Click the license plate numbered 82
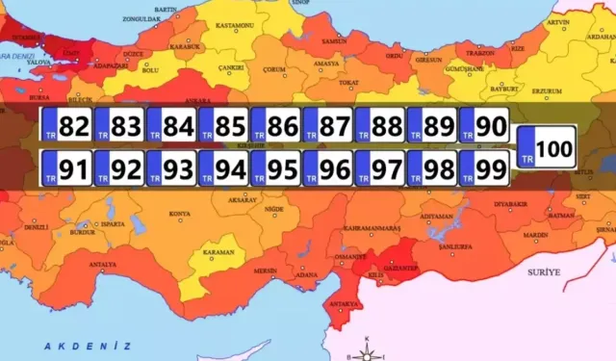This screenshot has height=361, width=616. (x=67, y=125)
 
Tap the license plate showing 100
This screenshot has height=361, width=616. (x=546, y=148)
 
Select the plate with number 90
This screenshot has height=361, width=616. (x=483, y=125)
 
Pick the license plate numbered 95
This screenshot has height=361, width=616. (x=275, y=170)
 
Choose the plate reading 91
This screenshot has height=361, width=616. (x=67, y=170)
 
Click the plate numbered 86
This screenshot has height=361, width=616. (x=275, y=125)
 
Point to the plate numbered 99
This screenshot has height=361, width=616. (x=483, y=170)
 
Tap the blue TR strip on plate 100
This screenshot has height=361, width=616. (x=526, y=149)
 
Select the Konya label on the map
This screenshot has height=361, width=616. (x=179, y=214)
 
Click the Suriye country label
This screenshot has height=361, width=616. (x=544, y=272)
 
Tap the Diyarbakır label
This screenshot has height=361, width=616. (x=512, y=205)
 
